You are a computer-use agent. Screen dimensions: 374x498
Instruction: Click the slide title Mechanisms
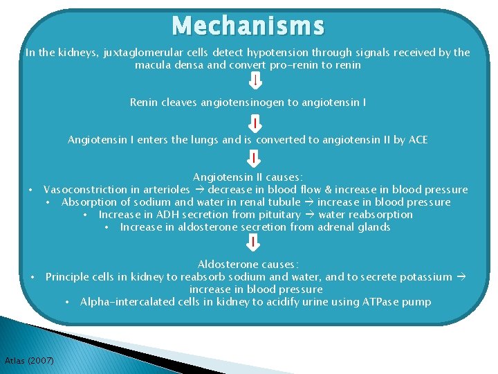[248, 26]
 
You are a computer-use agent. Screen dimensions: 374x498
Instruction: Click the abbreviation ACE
[418, 140]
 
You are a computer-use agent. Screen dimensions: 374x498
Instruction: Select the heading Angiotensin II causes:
[248, 177]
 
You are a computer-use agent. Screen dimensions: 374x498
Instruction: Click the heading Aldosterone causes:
[248, 265]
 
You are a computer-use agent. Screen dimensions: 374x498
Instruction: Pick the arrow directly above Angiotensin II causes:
[255, 159]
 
